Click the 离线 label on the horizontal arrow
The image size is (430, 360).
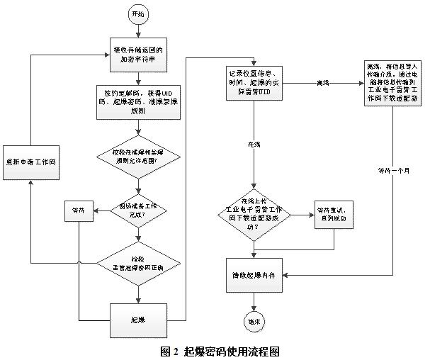[x=323, y=83]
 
